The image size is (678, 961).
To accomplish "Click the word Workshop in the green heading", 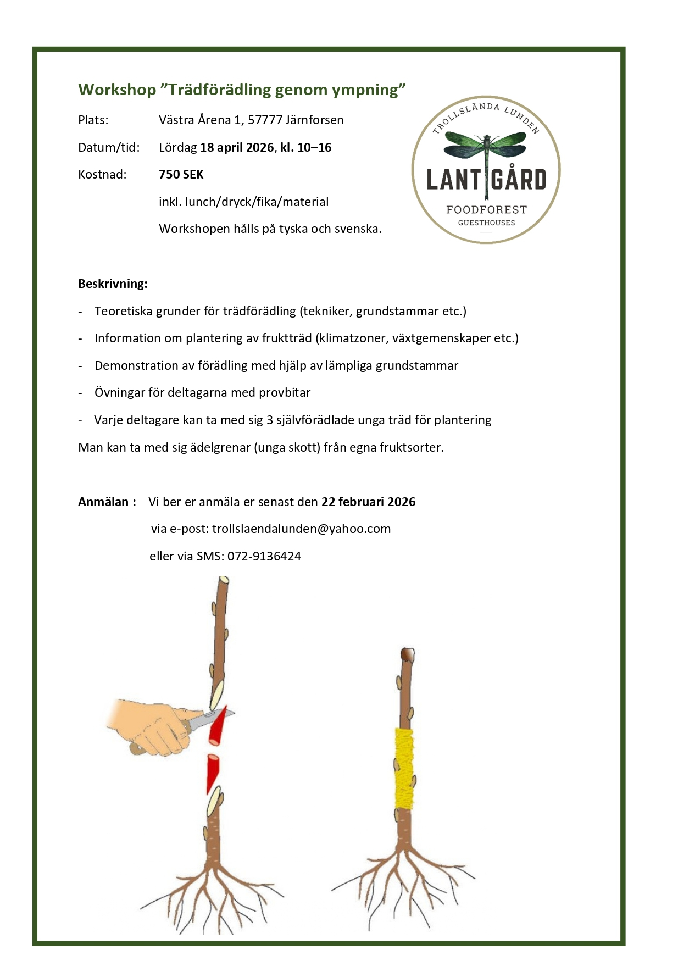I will [117, 90].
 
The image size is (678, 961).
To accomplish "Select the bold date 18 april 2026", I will [237, 147].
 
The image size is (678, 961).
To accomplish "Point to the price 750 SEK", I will [181, 175].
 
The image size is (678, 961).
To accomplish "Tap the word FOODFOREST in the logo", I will [486, 210].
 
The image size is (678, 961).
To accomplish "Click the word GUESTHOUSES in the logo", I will [486, 223].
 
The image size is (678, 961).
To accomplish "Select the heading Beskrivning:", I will [113, 284].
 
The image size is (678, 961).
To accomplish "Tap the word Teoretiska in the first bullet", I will [124, 312].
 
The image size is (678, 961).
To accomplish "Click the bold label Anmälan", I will [104, 502].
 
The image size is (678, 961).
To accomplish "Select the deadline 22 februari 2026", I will [368, 502].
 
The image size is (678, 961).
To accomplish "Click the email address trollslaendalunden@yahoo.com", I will [301, 529].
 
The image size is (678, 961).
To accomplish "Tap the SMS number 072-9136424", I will [264, 556].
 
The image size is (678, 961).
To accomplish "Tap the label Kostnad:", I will [102, 175].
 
